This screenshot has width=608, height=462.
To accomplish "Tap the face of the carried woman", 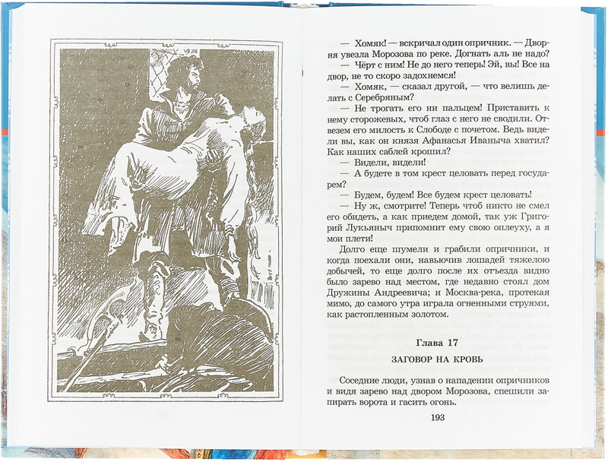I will pyautogui.click(x=254, y=122).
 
